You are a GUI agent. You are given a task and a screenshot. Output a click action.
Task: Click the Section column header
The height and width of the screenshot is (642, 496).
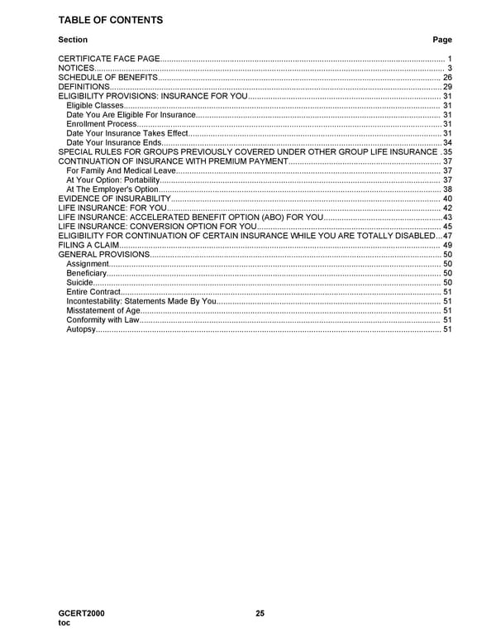tap(73, 40)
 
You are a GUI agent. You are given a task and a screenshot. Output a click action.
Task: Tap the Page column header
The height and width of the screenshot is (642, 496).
tap(442, 40)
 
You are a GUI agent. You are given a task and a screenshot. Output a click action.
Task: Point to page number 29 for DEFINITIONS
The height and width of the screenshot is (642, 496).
tap(447, 87)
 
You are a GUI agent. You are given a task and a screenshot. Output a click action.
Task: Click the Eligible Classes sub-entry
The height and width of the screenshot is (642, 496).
tap(95, 106)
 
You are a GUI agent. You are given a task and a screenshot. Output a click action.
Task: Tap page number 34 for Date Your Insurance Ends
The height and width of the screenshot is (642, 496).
tap(447, 142)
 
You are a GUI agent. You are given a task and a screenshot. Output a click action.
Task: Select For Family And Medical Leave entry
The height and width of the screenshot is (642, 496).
tap(121, 170)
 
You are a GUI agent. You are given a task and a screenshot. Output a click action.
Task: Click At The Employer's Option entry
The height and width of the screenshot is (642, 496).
tap(112, 189)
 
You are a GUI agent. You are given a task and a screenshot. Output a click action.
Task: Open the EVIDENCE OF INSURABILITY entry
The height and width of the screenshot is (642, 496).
tap(114, 199)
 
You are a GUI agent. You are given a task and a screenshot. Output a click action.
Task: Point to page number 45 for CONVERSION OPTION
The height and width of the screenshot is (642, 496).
tap(447, 227)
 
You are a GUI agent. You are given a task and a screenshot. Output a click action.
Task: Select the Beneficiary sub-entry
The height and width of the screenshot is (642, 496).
tap(86, 273)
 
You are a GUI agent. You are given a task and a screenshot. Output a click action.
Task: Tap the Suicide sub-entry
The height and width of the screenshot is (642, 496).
tap(80, 283)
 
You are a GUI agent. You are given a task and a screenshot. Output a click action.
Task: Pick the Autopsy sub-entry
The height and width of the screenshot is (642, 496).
tap(81, 330)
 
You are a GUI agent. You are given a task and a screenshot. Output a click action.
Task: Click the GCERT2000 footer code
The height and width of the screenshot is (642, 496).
tap(81, 613)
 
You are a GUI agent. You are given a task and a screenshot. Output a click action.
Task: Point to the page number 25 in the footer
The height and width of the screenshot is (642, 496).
tap(260, 613)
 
